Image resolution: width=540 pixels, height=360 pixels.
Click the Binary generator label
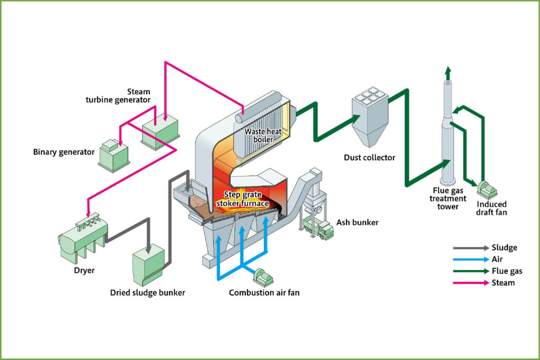coord(64,152)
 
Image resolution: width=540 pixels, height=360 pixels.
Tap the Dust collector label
coord(369,157)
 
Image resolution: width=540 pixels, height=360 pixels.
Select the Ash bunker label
coord(357,222)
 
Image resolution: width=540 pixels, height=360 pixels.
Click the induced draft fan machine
coord(487,188)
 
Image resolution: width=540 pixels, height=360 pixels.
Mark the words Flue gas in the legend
coord(507,271)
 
